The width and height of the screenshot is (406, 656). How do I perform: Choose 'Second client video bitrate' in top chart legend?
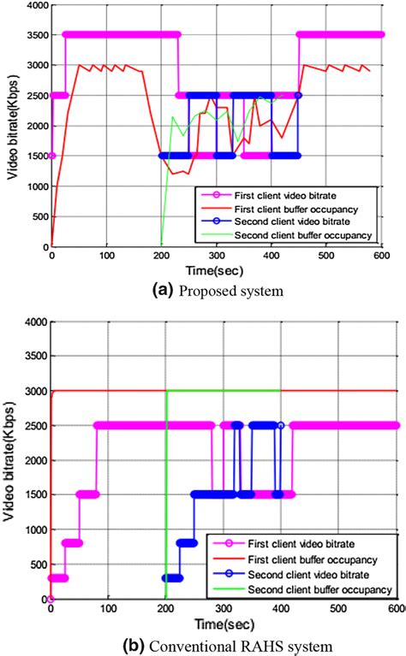pos(291,222)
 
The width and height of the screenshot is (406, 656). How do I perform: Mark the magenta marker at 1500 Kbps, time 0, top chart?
pos(51,156)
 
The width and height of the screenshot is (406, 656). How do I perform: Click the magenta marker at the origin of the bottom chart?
pos(51,598)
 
